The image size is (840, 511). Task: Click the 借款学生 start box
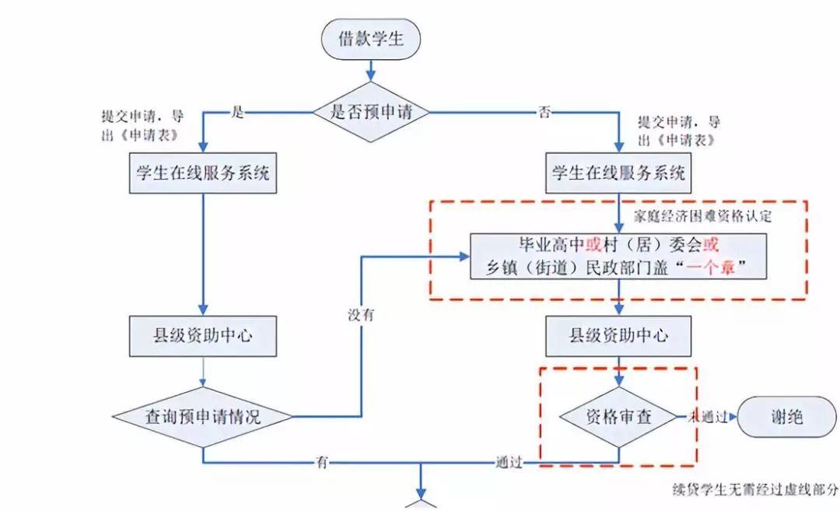pyautogui.click(x=371, y=37)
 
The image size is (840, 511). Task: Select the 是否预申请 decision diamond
pyautogui.click(x=370, y=111)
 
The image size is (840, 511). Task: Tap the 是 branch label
pyautogui.click(x=238, y=112)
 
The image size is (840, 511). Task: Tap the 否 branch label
pyautogui.click(x=544, y=112)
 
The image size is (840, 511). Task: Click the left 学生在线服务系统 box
pyautogui.click(x=203, y=173)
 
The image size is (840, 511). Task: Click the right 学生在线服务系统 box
pyautogui.click(x=619, y=173)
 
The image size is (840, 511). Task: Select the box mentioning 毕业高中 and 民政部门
pyautogui.click(x=619, y=256)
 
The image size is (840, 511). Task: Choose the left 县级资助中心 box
pyautogui.click(x=203, y=335)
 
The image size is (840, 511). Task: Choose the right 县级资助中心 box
pyautogui.click(x=619, y=335)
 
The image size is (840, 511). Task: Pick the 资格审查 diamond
pyautogui.click(x=619, y=417)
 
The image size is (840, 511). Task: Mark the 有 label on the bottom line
pyautogui.click(x=322, y=462)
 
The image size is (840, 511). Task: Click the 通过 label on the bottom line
pyautogui.click(x=508, y=462)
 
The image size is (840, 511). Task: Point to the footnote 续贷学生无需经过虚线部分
pyautogui.click(x=755, y=491)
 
